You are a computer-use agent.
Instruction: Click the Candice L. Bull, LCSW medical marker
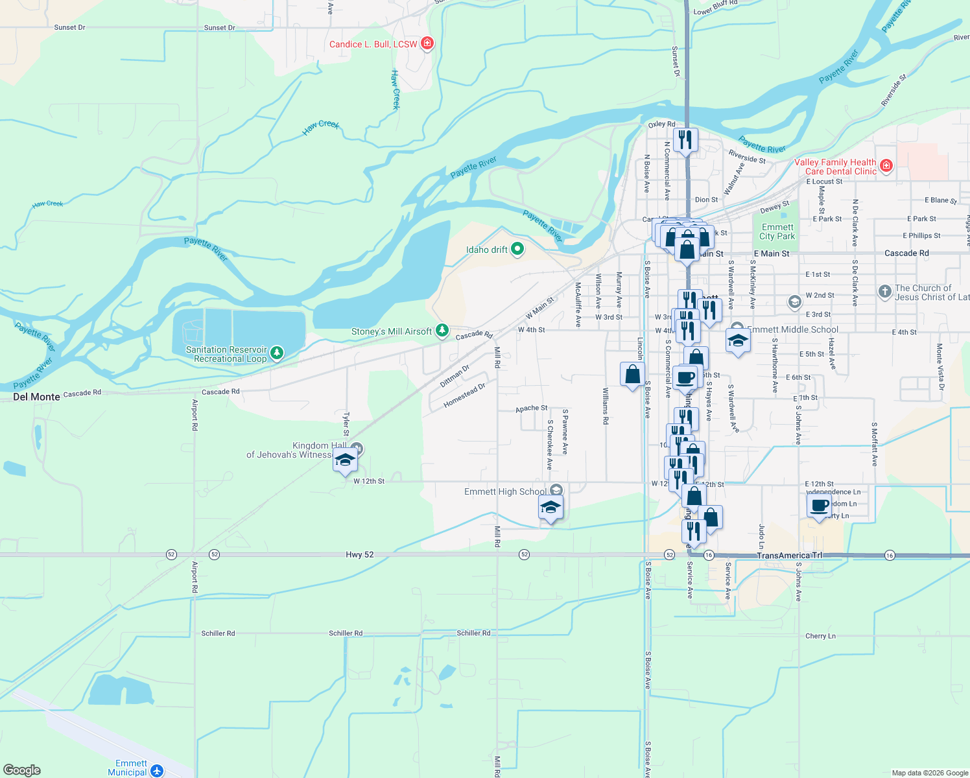click(x=427, y=43)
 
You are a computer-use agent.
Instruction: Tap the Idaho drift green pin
click(x=517, y=250)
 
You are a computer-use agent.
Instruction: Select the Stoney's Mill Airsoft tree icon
click(x=442, y=331)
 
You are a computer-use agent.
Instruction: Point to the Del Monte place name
click(x=36, y=397)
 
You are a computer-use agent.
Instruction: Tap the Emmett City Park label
click(x=777, y=231)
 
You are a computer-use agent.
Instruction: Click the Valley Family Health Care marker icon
click(x=886, y=166)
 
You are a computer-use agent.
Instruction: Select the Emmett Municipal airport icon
click(x=156, y=770)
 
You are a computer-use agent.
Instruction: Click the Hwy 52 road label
click(x=359, y=555)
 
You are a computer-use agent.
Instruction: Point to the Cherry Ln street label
click(x=820, y=636)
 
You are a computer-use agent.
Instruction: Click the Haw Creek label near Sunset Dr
click(x=396, y=89)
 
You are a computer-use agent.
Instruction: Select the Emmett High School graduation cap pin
click(x=550, y=507)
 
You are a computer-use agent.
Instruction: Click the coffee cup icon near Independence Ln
click(x=820, y=506)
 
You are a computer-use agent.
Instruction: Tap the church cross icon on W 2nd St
click(x=885, y=292)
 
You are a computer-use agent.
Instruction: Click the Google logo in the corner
click(x=22, y=770)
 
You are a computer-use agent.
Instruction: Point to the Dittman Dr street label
click(x=455, y=376)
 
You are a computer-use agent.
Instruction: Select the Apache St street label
click(x=531, y=408)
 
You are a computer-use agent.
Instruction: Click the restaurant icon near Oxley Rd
click(x=685, y=139)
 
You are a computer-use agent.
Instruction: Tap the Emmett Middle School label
click(x=792, y=329)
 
